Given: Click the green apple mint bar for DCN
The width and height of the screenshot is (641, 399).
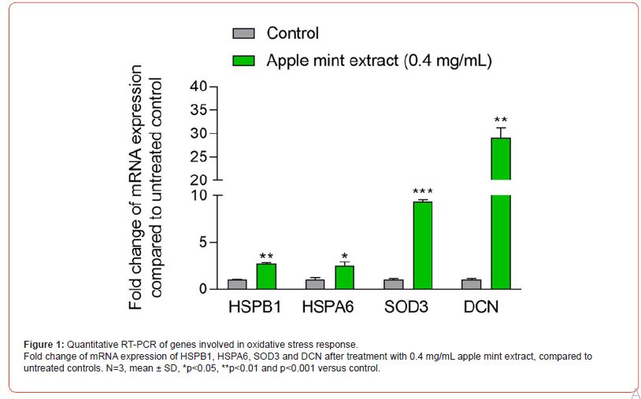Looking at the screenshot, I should (501, 212).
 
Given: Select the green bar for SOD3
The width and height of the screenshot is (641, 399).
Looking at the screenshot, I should (423, 245).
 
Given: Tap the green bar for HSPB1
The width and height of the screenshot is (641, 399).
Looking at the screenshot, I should (266, 276).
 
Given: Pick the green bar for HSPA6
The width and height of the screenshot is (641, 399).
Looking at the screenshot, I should (344, 277).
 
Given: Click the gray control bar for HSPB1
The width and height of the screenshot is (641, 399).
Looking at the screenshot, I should (237, 284).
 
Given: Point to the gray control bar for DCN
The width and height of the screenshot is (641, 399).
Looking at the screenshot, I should (472, 284).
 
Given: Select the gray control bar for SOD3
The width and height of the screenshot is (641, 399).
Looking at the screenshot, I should (394, 284).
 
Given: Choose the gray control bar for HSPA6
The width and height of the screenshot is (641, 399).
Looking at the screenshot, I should (315, 284).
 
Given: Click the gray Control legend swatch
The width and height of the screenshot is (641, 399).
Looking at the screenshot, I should (243, 33).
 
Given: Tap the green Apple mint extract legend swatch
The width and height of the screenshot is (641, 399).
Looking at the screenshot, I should (243, 60).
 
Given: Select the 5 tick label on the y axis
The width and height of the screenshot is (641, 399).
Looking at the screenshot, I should (203, 242).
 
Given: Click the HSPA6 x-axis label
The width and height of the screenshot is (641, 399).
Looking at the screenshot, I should (328, 307).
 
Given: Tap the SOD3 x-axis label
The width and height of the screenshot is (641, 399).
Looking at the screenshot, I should (406, 307).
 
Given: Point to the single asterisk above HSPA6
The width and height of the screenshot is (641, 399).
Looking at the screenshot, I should (344, 257).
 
